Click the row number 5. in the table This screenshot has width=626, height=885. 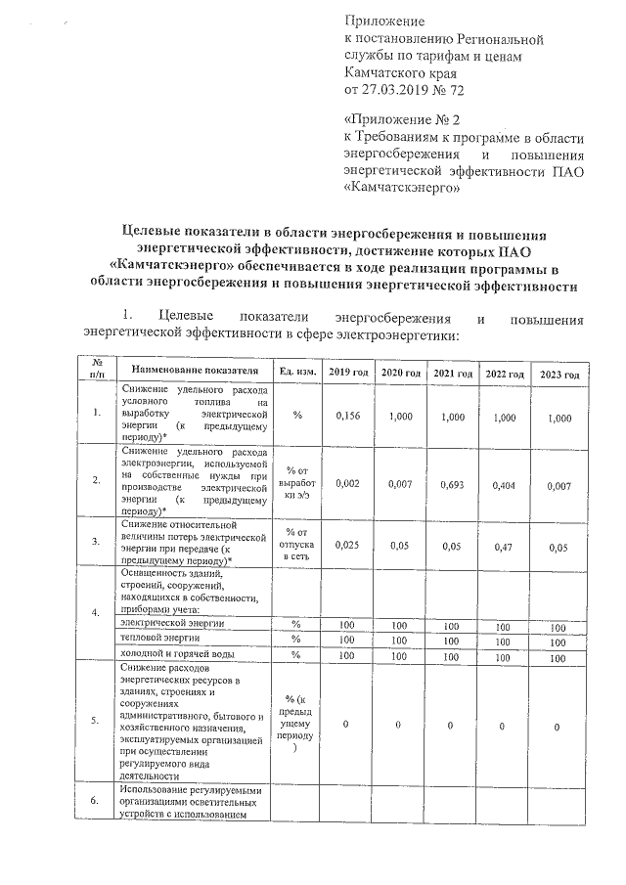tap(95, 721)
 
